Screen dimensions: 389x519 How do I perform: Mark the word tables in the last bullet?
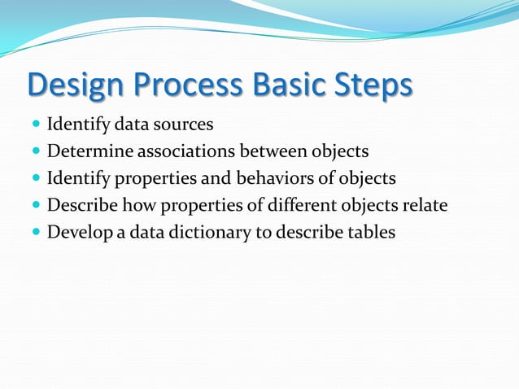[x=370, y=233]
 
